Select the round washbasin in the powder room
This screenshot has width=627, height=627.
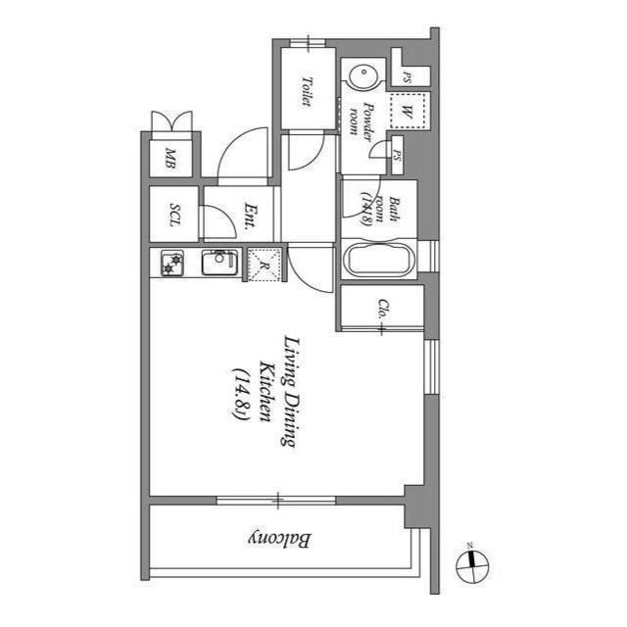click(x=362, y=75)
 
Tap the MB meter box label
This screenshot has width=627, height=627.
click(x=171, y=157)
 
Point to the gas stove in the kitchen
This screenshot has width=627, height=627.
click(x=172, y=264)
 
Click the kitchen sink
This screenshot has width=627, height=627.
click(x=219, y=263)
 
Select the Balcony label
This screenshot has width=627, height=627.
click(x=280, y=540)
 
